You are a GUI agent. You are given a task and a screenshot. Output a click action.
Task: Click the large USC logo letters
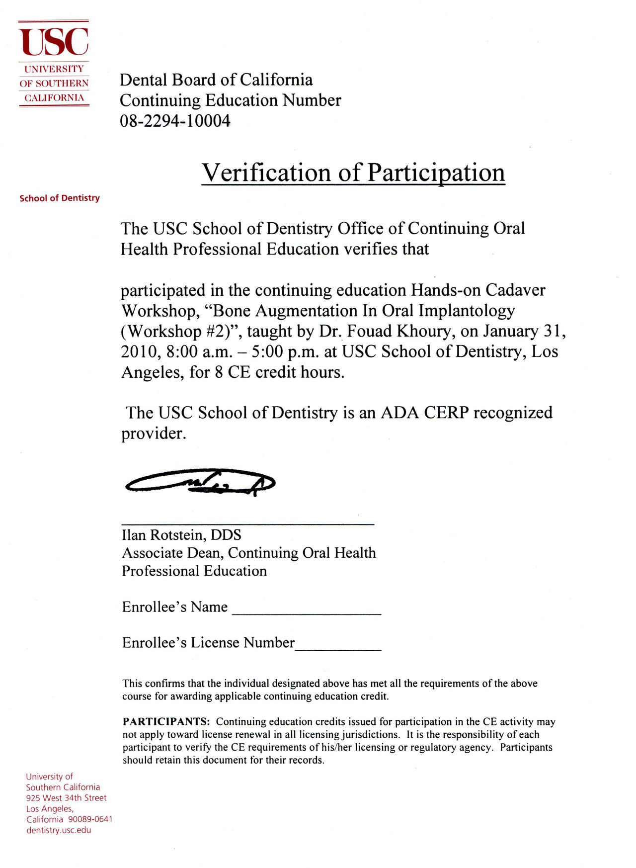click(x=54, y=42)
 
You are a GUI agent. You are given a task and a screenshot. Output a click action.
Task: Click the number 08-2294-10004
click(x=175, y=121)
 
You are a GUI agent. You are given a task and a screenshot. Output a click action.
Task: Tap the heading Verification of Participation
click(x=353, y=173)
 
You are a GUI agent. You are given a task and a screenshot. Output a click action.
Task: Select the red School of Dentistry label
click(x=60, y=198)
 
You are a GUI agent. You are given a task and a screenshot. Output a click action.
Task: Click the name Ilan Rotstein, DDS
click(x=181, y=535)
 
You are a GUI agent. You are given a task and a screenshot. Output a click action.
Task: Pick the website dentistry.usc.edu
click(x=59, y=830)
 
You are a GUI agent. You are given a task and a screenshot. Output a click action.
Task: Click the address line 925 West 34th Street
click(x=66, y=797)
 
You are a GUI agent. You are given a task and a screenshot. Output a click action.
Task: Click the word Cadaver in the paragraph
click(x=515, y=290)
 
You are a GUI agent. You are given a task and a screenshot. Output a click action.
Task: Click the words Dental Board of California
click(x=216, y=80)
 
